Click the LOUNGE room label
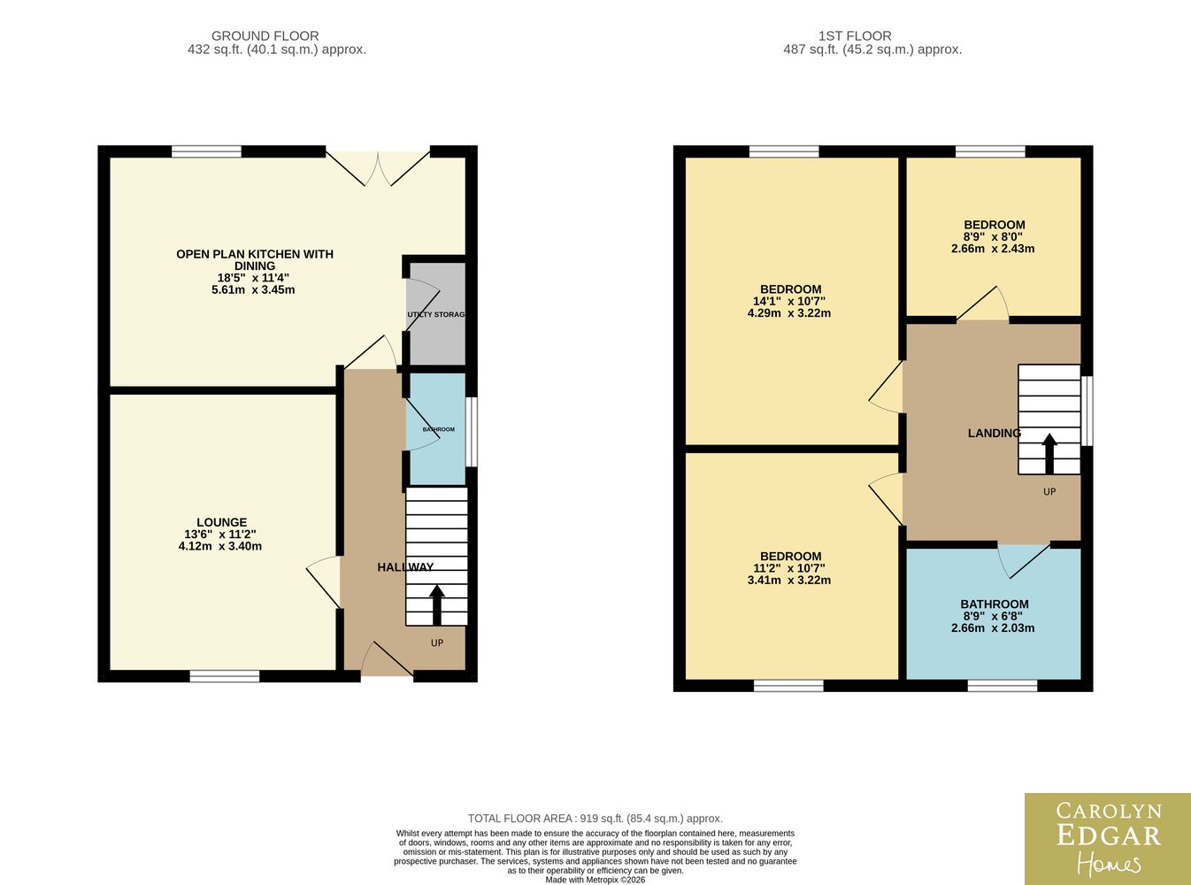pos(222,522)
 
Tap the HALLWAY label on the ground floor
pos(405,567)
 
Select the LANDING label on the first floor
pos(995,433)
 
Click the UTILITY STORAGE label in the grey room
pos(436,314)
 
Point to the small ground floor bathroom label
pos(438,429)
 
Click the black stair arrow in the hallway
pos(437,604)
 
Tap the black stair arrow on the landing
pos(1049,453)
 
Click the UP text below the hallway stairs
pos(437,643)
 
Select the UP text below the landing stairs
pos(1049,491)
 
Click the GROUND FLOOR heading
pos(265,36)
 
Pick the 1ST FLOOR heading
pos(855,36)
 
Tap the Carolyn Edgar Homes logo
pos(1108,839)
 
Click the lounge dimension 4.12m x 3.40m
pos(220,546)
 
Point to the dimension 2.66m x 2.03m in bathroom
pos(993,627)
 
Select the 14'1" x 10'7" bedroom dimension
pos(788,301)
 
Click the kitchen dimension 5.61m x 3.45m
pos(253,290)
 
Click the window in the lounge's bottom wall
pos(225,676)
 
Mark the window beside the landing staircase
pos(1087,412)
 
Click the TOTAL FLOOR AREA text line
pos(595,819)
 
